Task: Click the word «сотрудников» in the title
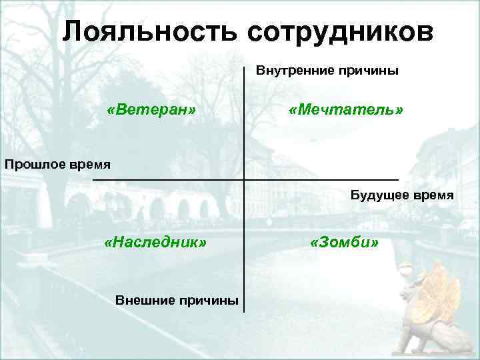(x=339, y=31)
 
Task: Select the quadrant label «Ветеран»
(x=151, y=109)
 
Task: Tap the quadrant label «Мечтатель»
(x=346, y=109)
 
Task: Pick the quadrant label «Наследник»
(x=155, y=241)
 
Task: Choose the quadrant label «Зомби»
(x=345, y=241)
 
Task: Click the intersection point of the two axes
(x=244, y=180)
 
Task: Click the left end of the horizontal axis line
(x=93, y=180)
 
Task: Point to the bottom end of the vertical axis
(x=244, y=311)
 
